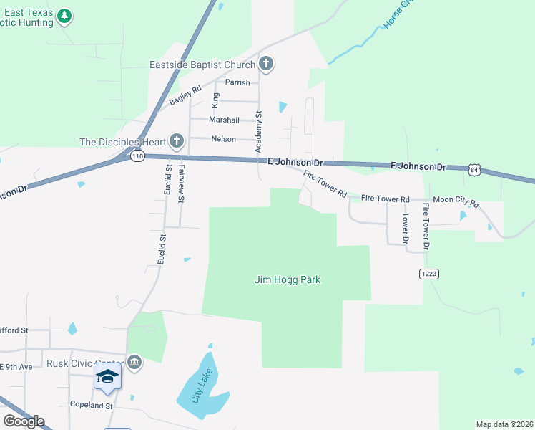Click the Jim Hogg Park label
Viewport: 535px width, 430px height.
click(288, 279)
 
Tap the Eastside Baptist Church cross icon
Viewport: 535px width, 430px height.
click(266, 64)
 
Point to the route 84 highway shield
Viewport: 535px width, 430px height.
click(474, 170)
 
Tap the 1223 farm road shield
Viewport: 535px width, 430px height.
click(429, 274)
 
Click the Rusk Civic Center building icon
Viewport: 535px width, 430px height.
click(134, 362)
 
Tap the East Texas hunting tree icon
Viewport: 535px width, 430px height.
click(65, 16)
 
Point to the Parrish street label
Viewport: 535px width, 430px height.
click(237, 82)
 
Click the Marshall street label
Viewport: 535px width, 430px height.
click(224, 120)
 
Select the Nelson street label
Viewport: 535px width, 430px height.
click(223, 139)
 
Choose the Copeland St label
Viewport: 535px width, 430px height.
click(92, 405)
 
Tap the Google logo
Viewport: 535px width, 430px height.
click(24, 421)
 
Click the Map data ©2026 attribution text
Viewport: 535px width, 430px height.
click(505, 424)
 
